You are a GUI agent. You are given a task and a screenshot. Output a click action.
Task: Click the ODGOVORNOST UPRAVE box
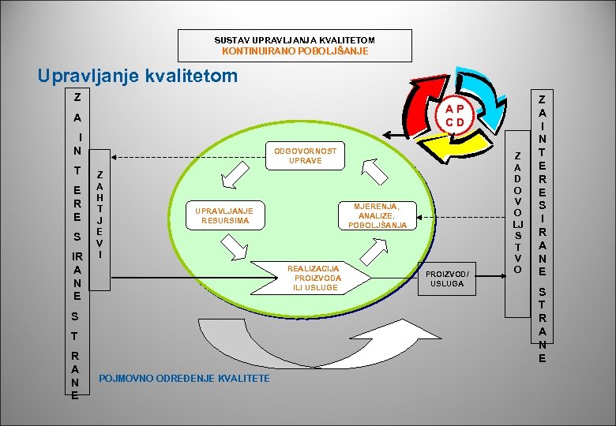tap(305, 156)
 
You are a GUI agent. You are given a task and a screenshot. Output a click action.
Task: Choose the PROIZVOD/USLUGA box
tap(448, 278)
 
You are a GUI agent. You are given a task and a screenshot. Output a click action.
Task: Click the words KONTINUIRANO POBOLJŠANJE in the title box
tap(295, 51)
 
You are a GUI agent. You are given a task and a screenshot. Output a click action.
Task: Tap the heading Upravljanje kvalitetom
tap(137, 76)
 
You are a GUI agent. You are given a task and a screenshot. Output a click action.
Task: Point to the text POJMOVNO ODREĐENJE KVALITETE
tap(184, 379)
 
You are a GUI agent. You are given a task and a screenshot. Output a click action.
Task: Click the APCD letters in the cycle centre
tap(453, 116)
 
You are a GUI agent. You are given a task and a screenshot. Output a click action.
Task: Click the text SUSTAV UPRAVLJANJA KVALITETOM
tap(295, 39)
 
